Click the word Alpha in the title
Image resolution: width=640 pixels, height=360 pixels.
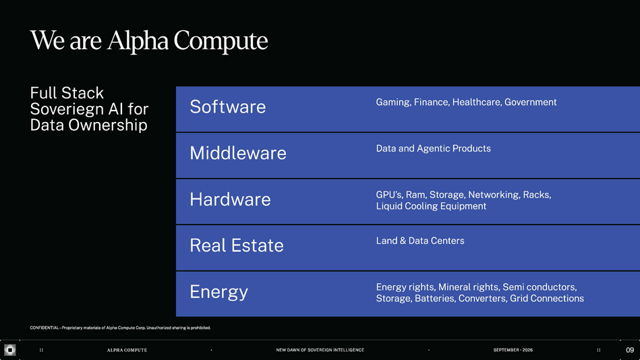(x=138, y=41)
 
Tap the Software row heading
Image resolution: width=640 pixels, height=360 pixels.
(x=228, y=107)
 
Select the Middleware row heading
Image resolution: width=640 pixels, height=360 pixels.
(x=238, y=153)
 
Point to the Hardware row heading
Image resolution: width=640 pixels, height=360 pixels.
(x=230, y=199)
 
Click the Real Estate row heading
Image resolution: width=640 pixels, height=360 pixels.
(x=237, y=245)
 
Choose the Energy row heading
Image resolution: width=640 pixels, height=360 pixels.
(x=219, y=292)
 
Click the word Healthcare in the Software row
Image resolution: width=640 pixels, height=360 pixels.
(x=477, y=102)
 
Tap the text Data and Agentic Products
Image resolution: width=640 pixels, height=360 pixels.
(x=434, y=148)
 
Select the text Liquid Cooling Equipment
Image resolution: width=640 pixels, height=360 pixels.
(x=431, y=206)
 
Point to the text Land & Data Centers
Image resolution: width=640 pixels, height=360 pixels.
(x=420, y=241)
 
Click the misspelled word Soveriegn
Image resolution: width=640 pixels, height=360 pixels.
(x=73, y=109)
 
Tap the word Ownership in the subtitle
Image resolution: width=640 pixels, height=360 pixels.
(x=108, y=125)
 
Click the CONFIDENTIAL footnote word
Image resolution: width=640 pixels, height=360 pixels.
(x=44, y=328)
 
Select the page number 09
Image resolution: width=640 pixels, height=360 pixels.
(x=630, y=350)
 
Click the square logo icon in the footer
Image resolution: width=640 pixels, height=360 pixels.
(x=10, y=350)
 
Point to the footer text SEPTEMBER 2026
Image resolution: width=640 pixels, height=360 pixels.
(x=513, y=350)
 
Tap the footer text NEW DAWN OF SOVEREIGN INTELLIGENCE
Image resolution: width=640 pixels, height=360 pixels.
(x=320, y=350)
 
